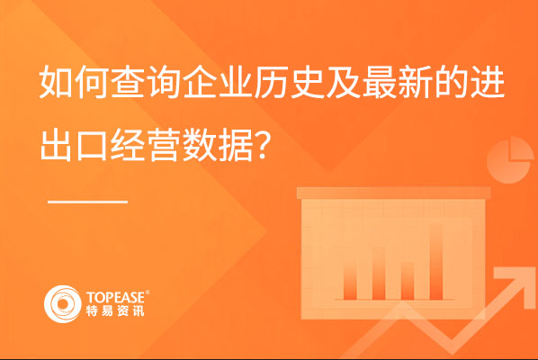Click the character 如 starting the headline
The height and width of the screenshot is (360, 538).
56,83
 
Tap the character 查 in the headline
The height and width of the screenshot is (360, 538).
127,83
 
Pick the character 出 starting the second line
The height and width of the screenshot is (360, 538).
56,145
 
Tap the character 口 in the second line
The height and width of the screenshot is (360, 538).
92,146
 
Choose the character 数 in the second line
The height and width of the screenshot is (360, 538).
199,145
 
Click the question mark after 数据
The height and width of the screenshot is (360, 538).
262,146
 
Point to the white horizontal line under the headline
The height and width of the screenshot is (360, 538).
87,202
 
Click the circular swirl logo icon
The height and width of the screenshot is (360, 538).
62,303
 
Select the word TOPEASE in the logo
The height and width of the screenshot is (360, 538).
115,297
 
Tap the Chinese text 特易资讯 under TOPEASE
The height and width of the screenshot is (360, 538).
115,310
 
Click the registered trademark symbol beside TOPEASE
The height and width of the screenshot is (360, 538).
148,292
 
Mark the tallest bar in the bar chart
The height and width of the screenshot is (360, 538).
435,262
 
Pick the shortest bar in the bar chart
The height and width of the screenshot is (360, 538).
408,281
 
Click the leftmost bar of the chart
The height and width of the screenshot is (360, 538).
350,279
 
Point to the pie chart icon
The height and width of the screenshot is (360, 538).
510,160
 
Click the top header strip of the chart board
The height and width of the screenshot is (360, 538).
393,193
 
